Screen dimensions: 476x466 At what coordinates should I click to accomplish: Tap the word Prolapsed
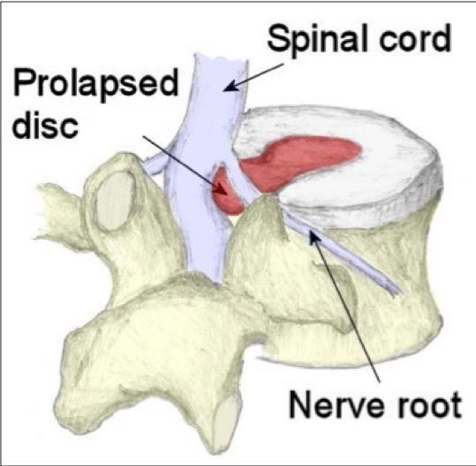[95, 82]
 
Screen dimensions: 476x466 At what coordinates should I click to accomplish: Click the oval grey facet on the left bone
[115, 200]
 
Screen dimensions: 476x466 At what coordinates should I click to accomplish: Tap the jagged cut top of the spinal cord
[221, 58]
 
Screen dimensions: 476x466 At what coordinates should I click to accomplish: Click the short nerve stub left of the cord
[154, 164]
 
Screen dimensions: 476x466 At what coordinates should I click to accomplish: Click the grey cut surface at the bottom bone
[225, 425]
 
